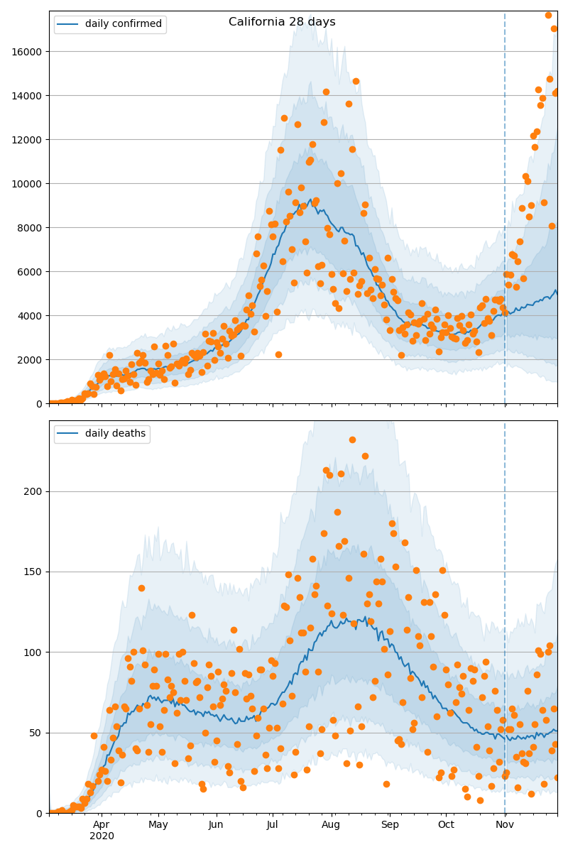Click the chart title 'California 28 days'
click(282, 22)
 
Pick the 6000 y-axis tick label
click(31, 272)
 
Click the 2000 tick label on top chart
click(31, 360)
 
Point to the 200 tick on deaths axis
click(34, 491)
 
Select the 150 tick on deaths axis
click(34, 572)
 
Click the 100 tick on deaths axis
click(34, 652)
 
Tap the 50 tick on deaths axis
click(37, 733)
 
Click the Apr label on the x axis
click(102, 824)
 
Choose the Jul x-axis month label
click(273, 824)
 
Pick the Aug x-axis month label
click(330, 824)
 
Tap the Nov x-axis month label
click(505, 824)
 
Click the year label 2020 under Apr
click(102, 836)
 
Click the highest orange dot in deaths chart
click(352, 439)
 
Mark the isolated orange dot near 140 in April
click(141, 588)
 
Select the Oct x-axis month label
click(446, 824)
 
